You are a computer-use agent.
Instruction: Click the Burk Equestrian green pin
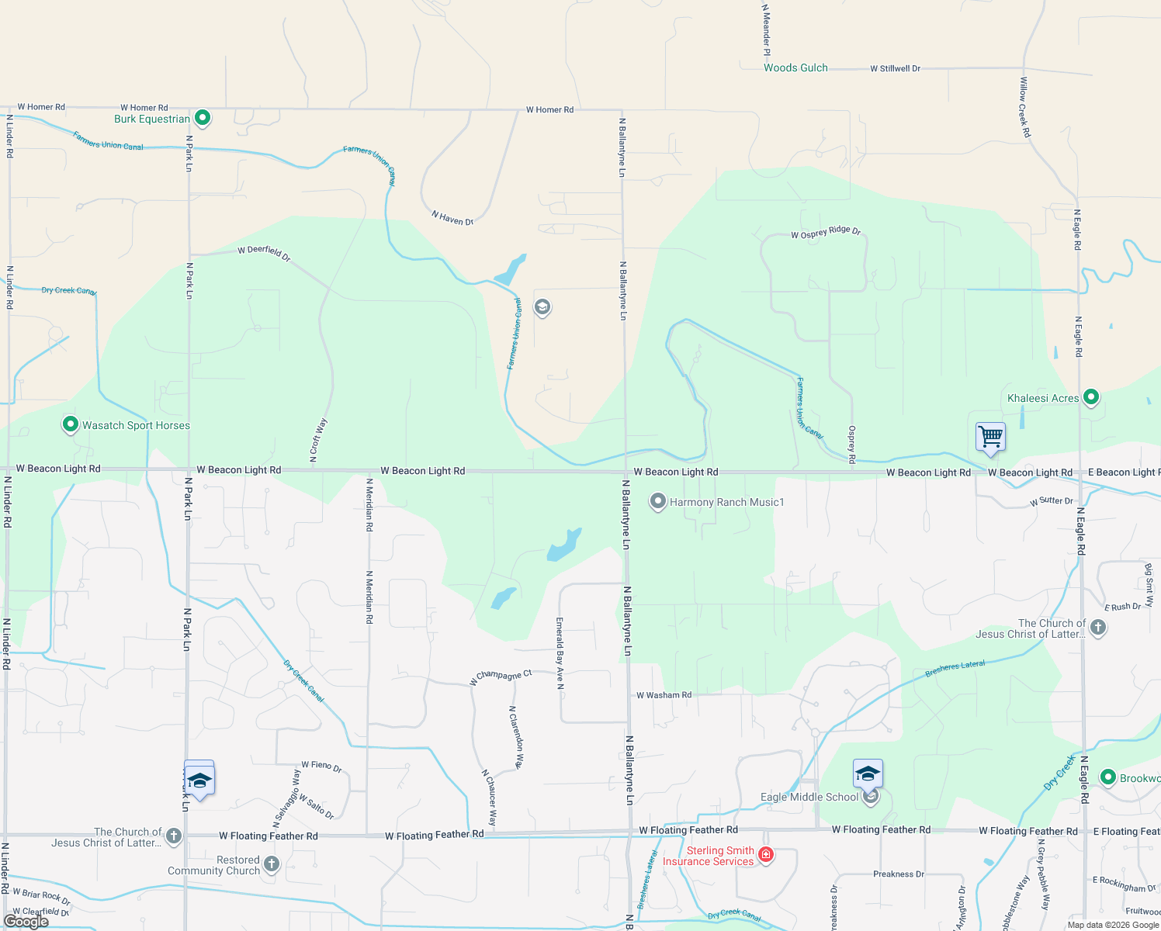(x=203, y=118)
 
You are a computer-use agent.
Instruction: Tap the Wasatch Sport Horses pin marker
(x=71, y=424)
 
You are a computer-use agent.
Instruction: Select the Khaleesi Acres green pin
(x=1090, y=397)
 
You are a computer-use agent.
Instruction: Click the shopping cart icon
(x=990, y=437)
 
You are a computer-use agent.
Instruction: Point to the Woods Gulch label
(x=795, y=68)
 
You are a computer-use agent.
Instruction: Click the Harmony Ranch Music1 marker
(x=658, y=501)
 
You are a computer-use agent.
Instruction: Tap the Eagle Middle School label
(x=809, y=797)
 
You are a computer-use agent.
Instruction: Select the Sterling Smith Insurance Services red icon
(x=766, y=855)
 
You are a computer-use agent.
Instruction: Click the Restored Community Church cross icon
(x=271, y=864)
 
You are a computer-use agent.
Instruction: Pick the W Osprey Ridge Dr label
(x=826, y=232)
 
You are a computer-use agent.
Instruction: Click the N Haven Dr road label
(x=452, y=219)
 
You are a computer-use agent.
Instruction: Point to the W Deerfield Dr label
(x=264, y=252)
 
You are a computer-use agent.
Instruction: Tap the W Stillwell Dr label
(x=895, y=68)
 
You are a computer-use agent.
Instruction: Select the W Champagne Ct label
(x=501, y=677)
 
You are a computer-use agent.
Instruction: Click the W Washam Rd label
(x=664, y=695)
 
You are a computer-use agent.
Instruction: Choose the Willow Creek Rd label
(x=1025, y=107)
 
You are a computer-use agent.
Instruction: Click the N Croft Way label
(x=318, y=441)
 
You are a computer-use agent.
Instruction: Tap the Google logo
(x=26, y=922)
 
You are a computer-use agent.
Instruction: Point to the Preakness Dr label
(x=899, y=874)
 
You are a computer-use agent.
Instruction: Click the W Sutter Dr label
(x=1052, y=501)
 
